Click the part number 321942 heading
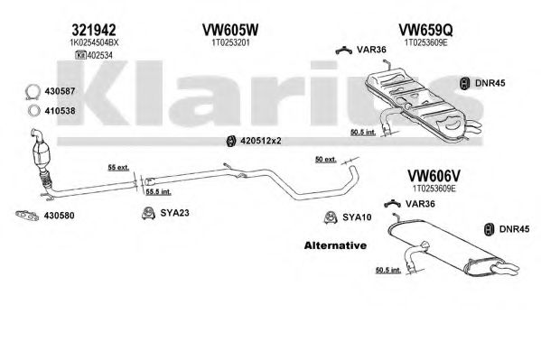click(94, 31)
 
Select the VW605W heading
click(230, 31)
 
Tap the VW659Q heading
click(425, 31)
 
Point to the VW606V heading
click(434, 176)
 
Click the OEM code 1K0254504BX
click(94, 42)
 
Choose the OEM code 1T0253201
click(230, 42)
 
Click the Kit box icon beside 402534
click(80, 55)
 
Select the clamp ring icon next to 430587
click(33, 92)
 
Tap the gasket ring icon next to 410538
click(33, 111)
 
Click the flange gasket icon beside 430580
click(27, 215)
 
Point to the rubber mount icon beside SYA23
click(148, 213)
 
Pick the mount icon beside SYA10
click(331, 217)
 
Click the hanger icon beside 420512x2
click(231, 141)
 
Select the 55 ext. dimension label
click(118, 168)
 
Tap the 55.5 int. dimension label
click(158, 191)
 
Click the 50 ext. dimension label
click(326, 160)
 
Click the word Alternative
click(335, 245)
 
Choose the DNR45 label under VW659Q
click(490, 83)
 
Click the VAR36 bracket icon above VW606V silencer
click(392, 204)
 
